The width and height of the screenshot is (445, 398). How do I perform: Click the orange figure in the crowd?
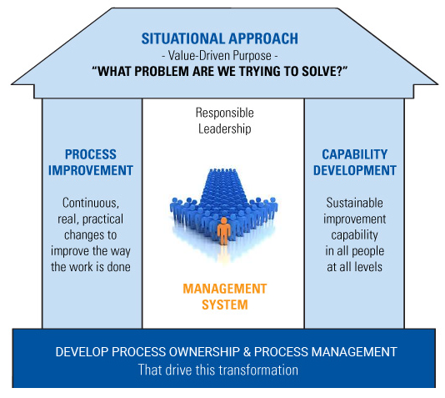point(224,231)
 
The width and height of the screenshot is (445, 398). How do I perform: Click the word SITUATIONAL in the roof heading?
point(183,38)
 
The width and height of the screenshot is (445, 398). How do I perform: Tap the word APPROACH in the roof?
point(263,38)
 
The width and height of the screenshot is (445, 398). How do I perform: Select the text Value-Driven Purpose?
point(220,55)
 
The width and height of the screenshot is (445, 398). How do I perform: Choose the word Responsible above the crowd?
point(224,113)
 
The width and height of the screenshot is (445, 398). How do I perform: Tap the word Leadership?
point(224,128)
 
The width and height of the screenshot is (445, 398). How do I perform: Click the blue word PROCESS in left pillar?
point(91,154)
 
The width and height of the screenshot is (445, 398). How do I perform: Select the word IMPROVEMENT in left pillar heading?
point(91,170)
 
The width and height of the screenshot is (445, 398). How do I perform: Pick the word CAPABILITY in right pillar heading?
point(354,154)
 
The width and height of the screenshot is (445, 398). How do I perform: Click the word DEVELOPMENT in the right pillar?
point(354,170)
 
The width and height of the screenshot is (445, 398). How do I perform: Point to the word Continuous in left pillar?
point(91,203)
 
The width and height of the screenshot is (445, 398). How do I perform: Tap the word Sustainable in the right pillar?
point(354,203)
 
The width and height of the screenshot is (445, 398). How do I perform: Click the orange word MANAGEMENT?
point(224,289)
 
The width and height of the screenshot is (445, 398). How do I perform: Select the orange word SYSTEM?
point(224,305)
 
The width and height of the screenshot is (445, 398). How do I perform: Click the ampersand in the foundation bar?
point(247,352)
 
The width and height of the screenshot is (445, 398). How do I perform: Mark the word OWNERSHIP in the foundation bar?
point(204,352)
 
